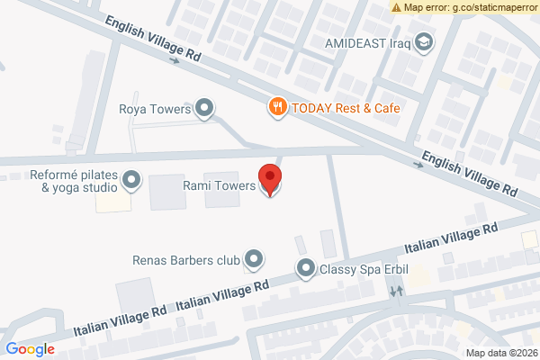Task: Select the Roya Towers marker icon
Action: [205, 109]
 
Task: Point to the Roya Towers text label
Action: [156, 110]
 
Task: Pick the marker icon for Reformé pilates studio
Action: [132, 180]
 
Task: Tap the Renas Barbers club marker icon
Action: [255, 260]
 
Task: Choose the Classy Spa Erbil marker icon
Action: [306, 268]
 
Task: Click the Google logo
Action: [30, 349]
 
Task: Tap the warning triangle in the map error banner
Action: [397, 7]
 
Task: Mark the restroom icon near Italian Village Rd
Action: [396, 292]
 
